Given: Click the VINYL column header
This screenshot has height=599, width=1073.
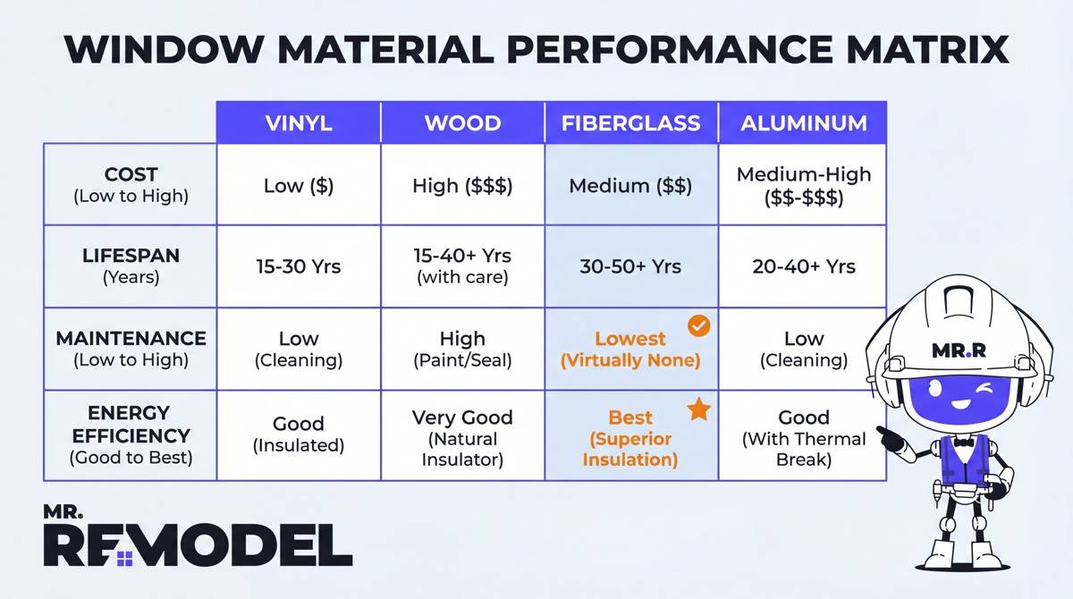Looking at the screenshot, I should (x=299, y=122).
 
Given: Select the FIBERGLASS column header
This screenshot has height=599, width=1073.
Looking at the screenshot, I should (x=630, y=122).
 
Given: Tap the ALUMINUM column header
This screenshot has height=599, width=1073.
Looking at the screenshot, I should (x=803, y=122).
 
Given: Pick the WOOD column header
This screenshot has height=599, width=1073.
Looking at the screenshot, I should (x=462, y=122).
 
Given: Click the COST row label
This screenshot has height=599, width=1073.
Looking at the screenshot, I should (x=131, y=185).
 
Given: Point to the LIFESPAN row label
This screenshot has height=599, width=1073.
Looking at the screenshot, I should (x=131, y=266).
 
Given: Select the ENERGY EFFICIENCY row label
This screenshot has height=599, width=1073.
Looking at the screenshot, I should (x=131, y=435).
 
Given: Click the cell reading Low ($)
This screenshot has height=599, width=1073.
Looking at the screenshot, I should (x=299, y=186).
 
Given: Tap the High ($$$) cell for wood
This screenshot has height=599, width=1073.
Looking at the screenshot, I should (x=462, y=186).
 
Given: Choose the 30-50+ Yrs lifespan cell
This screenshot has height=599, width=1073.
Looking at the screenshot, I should (x=630, y=266).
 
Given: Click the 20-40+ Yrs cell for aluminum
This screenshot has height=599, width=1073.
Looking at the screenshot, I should (x=803, y=266).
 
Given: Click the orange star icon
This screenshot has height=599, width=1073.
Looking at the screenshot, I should (x=698, y=410).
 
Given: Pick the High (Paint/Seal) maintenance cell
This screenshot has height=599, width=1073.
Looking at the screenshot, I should (x=462, y=349).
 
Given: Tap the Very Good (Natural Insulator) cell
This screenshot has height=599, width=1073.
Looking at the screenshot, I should (x=462, y=438).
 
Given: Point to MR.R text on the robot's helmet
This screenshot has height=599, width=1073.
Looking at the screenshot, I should (x=958, y=350).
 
